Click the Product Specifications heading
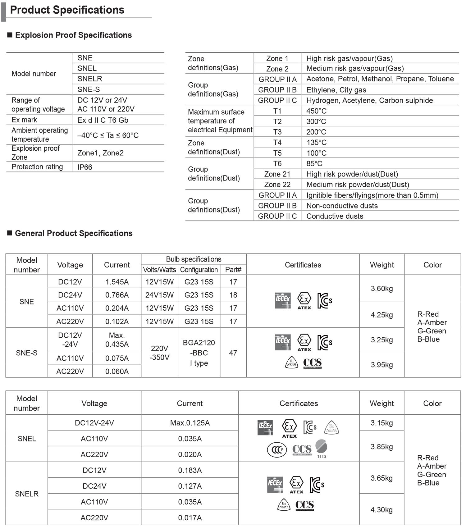point(67,10)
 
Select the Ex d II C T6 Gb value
point(103,120)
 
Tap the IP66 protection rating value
point(85,167)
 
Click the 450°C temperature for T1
point(316,111)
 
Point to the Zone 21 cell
point(277,174)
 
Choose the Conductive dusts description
point(335,216)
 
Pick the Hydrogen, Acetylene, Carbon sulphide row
point(369,100)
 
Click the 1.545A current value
point(117,282)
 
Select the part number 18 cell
point(233,295)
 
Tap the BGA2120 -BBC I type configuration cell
point(199,353)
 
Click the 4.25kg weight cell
point(381,315)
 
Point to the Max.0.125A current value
point(190,423)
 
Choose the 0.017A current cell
point(190,518)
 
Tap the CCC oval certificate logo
point(277,449)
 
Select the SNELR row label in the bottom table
point(27,494)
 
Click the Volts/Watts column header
point(159,270)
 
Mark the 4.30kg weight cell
point(381,509)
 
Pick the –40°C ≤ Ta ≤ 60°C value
point(108,135)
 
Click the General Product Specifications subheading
point(74,233)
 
